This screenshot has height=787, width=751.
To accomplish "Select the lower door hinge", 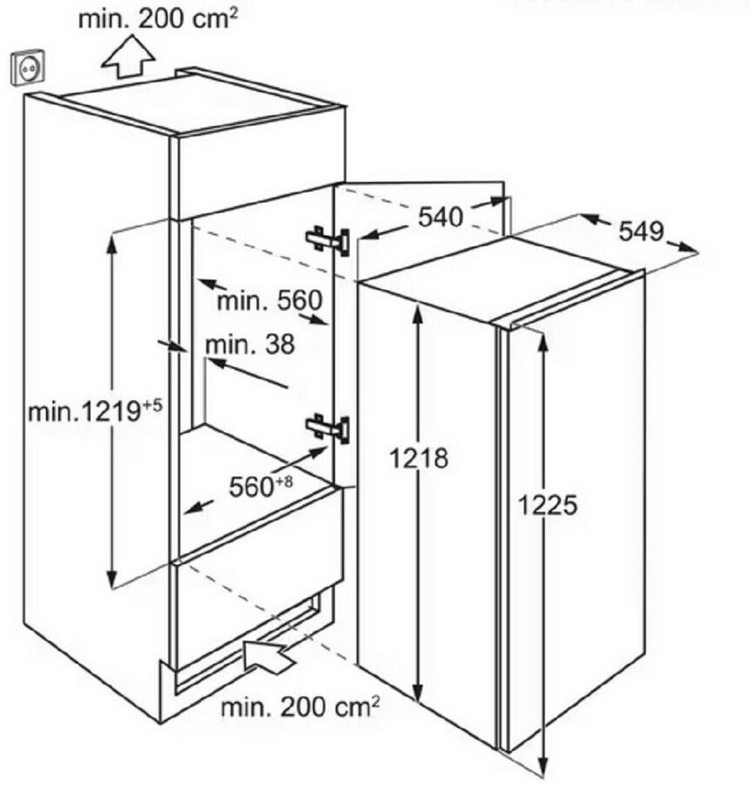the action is pyautogui.click(x=327, y=427).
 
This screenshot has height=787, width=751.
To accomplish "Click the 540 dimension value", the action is pyautogui.click(x=440, y=217).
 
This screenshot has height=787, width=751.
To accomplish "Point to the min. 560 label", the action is pyautogui.click(x=269, y=301).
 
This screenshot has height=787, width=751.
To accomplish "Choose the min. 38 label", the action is pyautogui.click(x=250, y=344).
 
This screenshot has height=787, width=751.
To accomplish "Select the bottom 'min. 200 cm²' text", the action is pyautogui.click(x=300, y=707).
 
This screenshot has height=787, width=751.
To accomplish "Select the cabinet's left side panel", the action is pyautogui.click(x=96, y=390).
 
